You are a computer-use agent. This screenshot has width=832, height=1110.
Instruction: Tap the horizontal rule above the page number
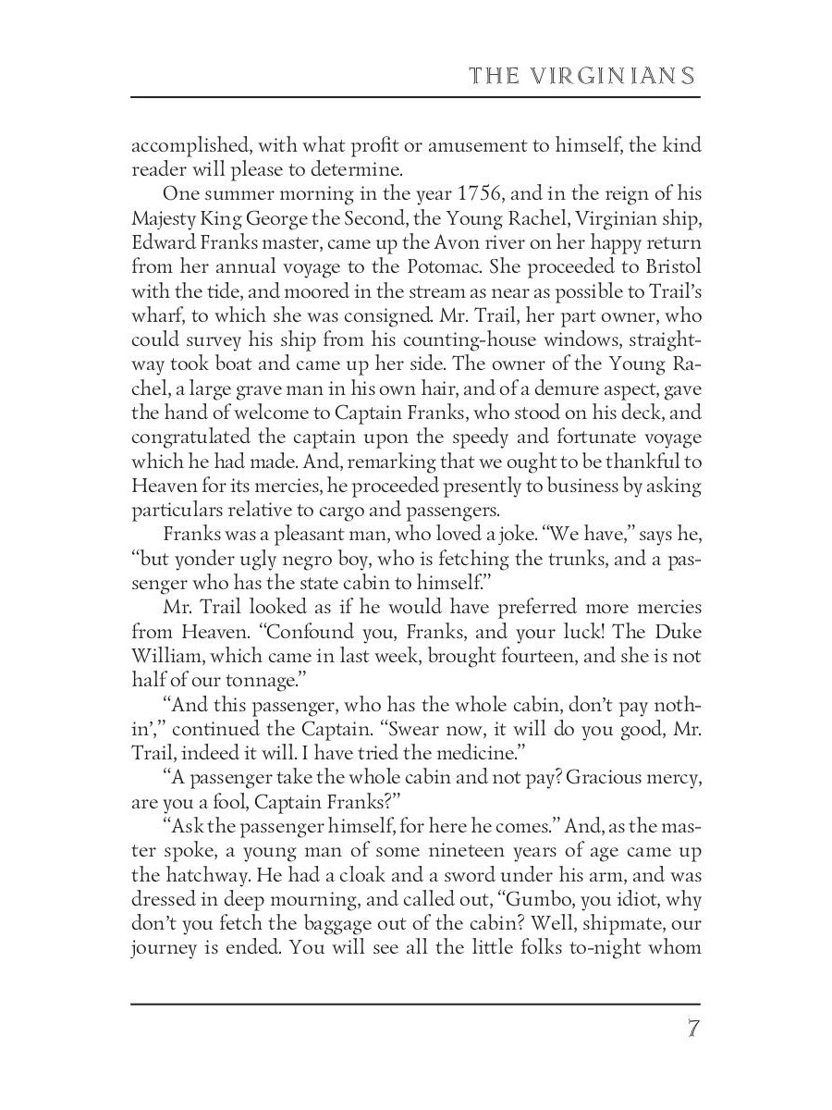click(416, 1004)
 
